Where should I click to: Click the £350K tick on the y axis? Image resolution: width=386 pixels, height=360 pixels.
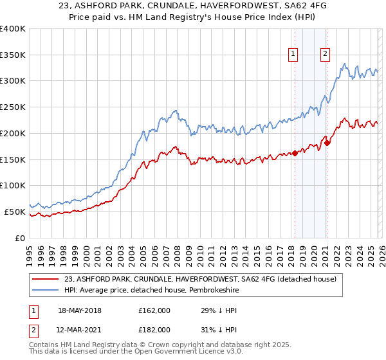click(x=13, y=55)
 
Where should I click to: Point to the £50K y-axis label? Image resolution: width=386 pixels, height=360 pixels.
click(x=15, y=212)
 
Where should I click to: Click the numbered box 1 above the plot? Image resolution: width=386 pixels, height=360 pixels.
click(x=293, y=55)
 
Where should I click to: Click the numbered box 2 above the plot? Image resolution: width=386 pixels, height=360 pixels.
click(x=326, y=55)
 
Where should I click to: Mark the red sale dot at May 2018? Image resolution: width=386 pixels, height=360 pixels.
click(x=295, y=153)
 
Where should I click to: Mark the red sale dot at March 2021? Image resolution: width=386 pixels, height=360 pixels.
click(x=327, y=143)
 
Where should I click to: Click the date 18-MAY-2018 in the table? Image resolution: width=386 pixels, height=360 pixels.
click(x=79, y=310)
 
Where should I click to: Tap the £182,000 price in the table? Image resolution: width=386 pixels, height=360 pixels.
click(x=154, y=329)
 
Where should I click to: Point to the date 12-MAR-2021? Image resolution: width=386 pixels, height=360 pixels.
click(x=79, y=329)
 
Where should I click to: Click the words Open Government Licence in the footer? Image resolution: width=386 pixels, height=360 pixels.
click(x=185, y=353)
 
